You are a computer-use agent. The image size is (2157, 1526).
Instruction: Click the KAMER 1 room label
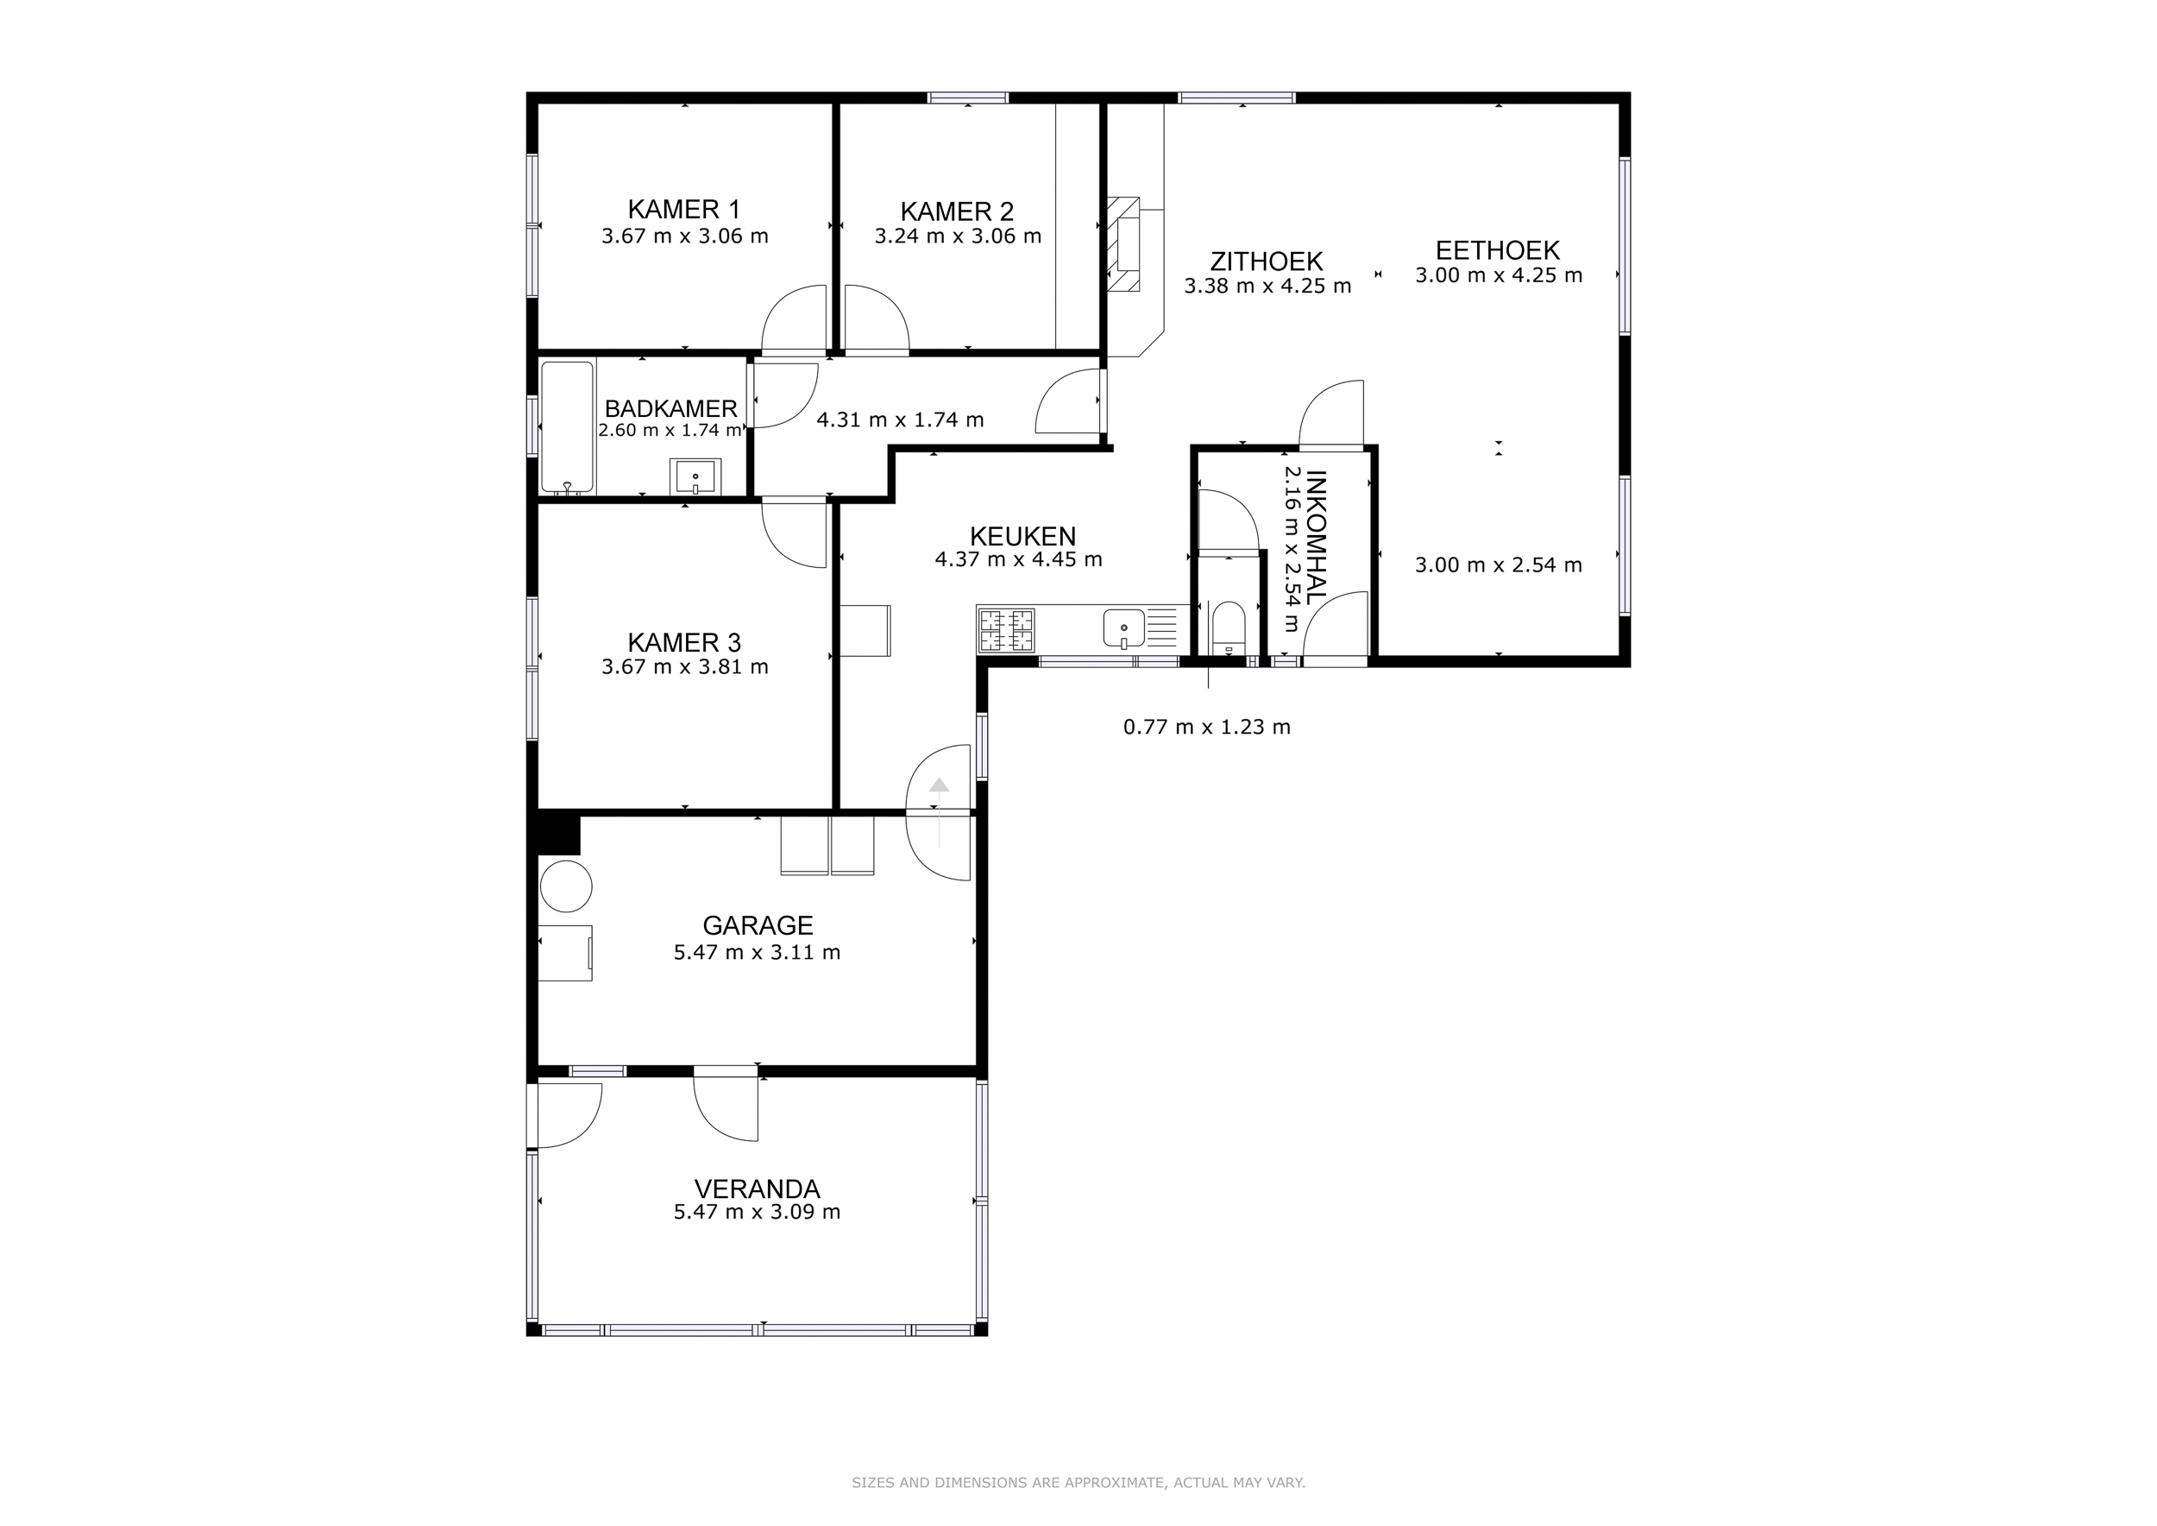[684, 209]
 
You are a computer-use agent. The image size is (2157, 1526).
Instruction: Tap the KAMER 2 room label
[958, 211]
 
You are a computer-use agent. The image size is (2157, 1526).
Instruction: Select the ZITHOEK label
[1267, 262]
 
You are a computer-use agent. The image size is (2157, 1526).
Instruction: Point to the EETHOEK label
[1498, 250]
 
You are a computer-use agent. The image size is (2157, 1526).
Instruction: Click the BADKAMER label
[670, 409]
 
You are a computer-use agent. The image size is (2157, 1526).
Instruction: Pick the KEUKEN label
[1022, 537]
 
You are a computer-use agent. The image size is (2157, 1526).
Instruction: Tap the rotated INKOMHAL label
[1316, 538]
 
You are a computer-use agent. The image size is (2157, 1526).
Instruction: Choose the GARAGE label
[758, 925]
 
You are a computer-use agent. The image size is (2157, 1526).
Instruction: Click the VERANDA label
[758, 1189]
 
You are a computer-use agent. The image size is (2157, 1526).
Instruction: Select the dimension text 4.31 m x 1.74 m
[900, 420]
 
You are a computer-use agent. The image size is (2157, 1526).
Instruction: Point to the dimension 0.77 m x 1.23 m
[1207, 727]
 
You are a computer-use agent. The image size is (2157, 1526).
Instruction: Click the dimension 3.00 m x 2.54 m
[1499, 564]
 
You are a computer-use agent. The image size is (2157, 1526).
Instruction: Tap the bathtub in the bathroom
[568, 427]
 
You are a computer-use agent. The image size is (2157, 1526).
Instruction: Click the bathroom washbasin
[695, 476]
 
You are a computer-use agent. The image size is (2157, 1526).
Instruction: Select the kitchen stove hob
[1006, 630]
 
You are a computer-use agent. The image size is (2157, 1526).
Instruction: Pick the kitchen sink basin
[1123, 628]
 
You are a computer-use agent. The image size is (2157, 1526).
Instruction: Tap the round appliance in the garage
[565, 886]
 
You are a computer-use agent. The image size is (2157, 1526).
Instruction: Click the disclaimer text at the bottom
[1078, 1483]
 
